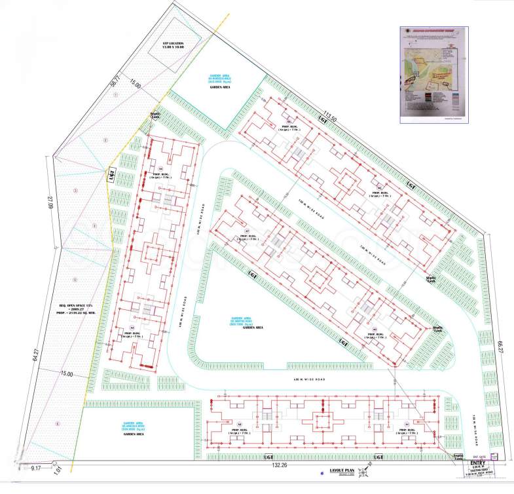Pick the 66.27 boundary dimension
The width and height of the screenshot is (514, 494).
(x=500, y=346)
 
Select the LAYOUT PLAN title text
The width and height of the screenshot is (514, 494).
(x=342, y=470)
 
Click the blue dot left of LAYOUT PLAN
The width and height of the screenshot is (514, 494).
(x=321, y=472)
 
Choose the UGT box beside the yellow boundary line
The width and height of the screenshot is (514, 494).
(x=112, y=176)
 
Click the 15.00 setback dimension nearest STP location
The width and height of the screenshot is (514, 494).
(x=135, y=85)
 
